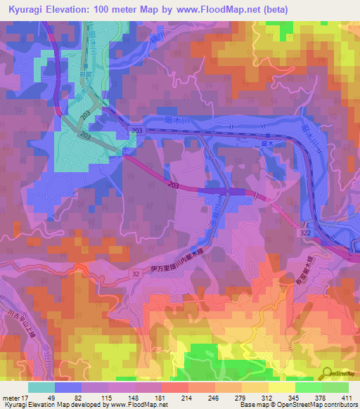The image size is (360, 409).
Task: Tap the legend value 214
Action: [187, 398]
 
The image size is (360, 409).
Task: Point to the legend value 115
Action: [107, 398]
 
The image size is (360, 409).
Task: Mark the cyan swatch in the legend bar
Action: [41, 387]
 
